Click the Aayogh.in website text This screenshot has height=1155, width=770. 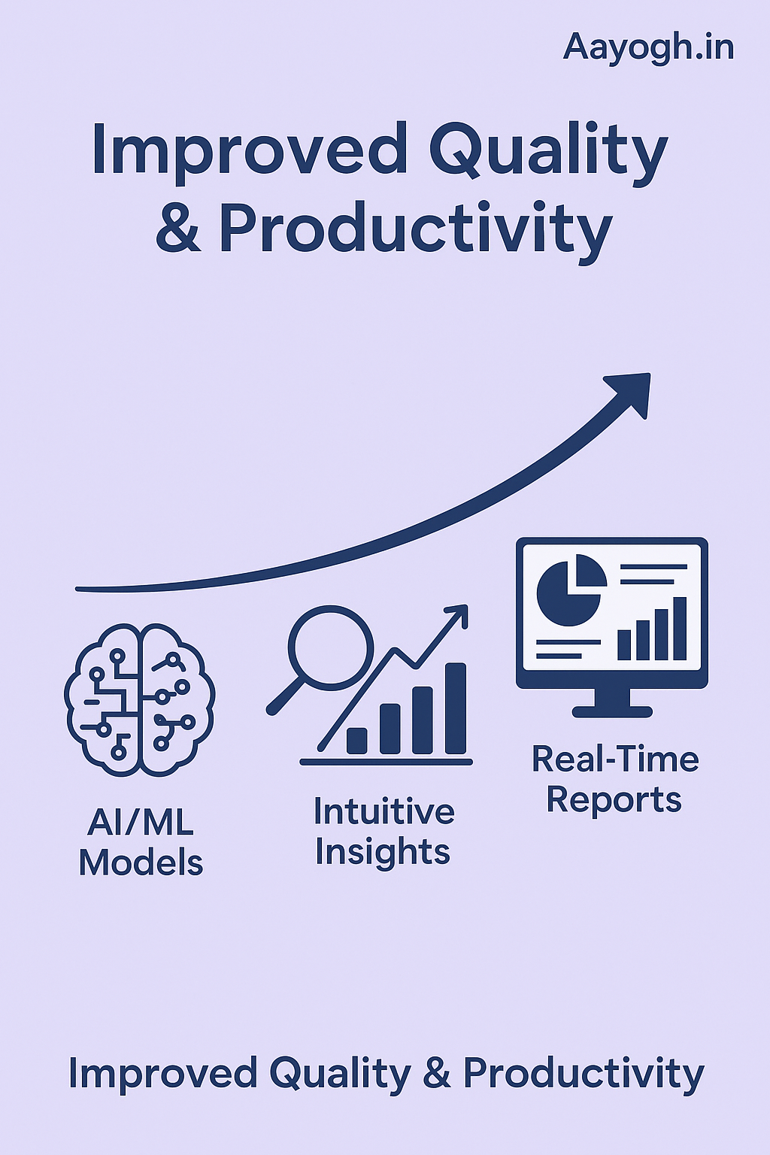(x=648, y=48)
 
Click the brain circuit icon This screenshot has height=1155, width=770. (x=139, y=700)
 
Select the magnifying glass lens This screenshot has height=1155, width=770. (x=330, y=647)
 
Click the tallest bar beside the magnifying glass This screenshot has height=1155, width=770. (x=456, y=708)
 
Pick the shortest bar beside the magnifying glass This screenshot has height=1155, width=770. (x=357, y=741)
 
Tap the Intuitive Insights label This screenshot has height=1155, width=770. (x=383, y=831)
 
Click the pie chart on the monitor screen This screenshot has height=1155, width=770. (x=571, y=590)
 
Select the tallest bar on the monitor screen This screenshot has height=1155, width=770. (x=680, y=629)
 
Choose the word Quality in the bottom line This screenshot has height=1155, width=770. (x=340, y=1073)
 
